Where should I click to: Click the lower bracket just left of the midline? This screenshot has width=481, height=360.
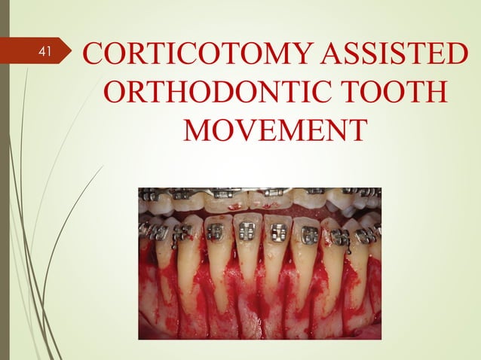point(246,232)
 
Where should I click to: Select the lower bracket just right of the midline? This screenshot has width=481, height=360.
point(278,233)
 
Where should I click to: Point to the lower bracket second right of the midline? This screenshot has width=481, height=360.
point(309,234)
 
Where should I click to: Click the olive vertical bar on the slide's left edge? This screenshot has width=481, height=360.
point(4,181)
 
